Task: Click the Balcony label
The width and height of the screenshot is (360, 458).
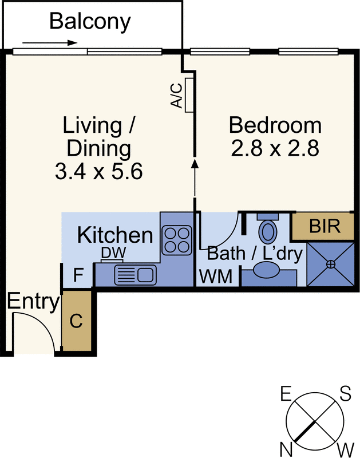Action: [x=90, y=22]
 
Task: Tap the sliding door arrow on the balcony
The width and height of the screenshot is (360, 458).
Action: [x=50, y=43]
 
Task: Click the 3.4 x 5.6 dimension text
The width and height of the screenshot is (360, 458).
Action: [x=98, y=171]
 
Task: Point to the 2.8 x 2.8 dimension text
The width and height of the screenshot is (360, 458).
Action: [x=275, y=148]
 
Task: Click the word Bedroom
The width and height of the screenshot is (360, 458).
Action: [x=275, y=125]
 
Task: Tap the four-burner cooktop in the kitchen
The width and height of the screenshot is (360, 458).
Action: [x=177, y=240]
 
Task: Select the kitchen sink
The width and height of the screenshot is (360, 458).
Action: [x=135, y=275]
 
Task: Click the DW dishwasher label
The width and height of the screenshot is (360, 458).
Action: [x=113, y=253]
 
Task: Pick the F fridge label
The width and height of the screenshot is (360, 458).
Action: [x=78, y=275]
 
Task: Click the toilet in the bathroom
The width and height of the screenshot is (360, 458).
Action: [x=268, y=228]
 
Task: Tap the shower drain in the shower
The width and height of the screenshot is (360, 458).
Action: [x=330, y=264]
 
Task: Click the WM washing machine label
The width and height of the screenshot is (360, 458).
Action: [x=216, y=277]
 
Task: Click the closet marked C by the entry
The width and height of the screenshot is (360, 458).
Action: [x=77, y=321]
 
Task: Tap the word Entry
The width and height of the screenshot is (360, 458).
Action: [x=33, y=302]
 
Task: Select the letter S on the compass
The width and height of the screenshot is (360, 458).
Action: [x=345, y=393]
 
